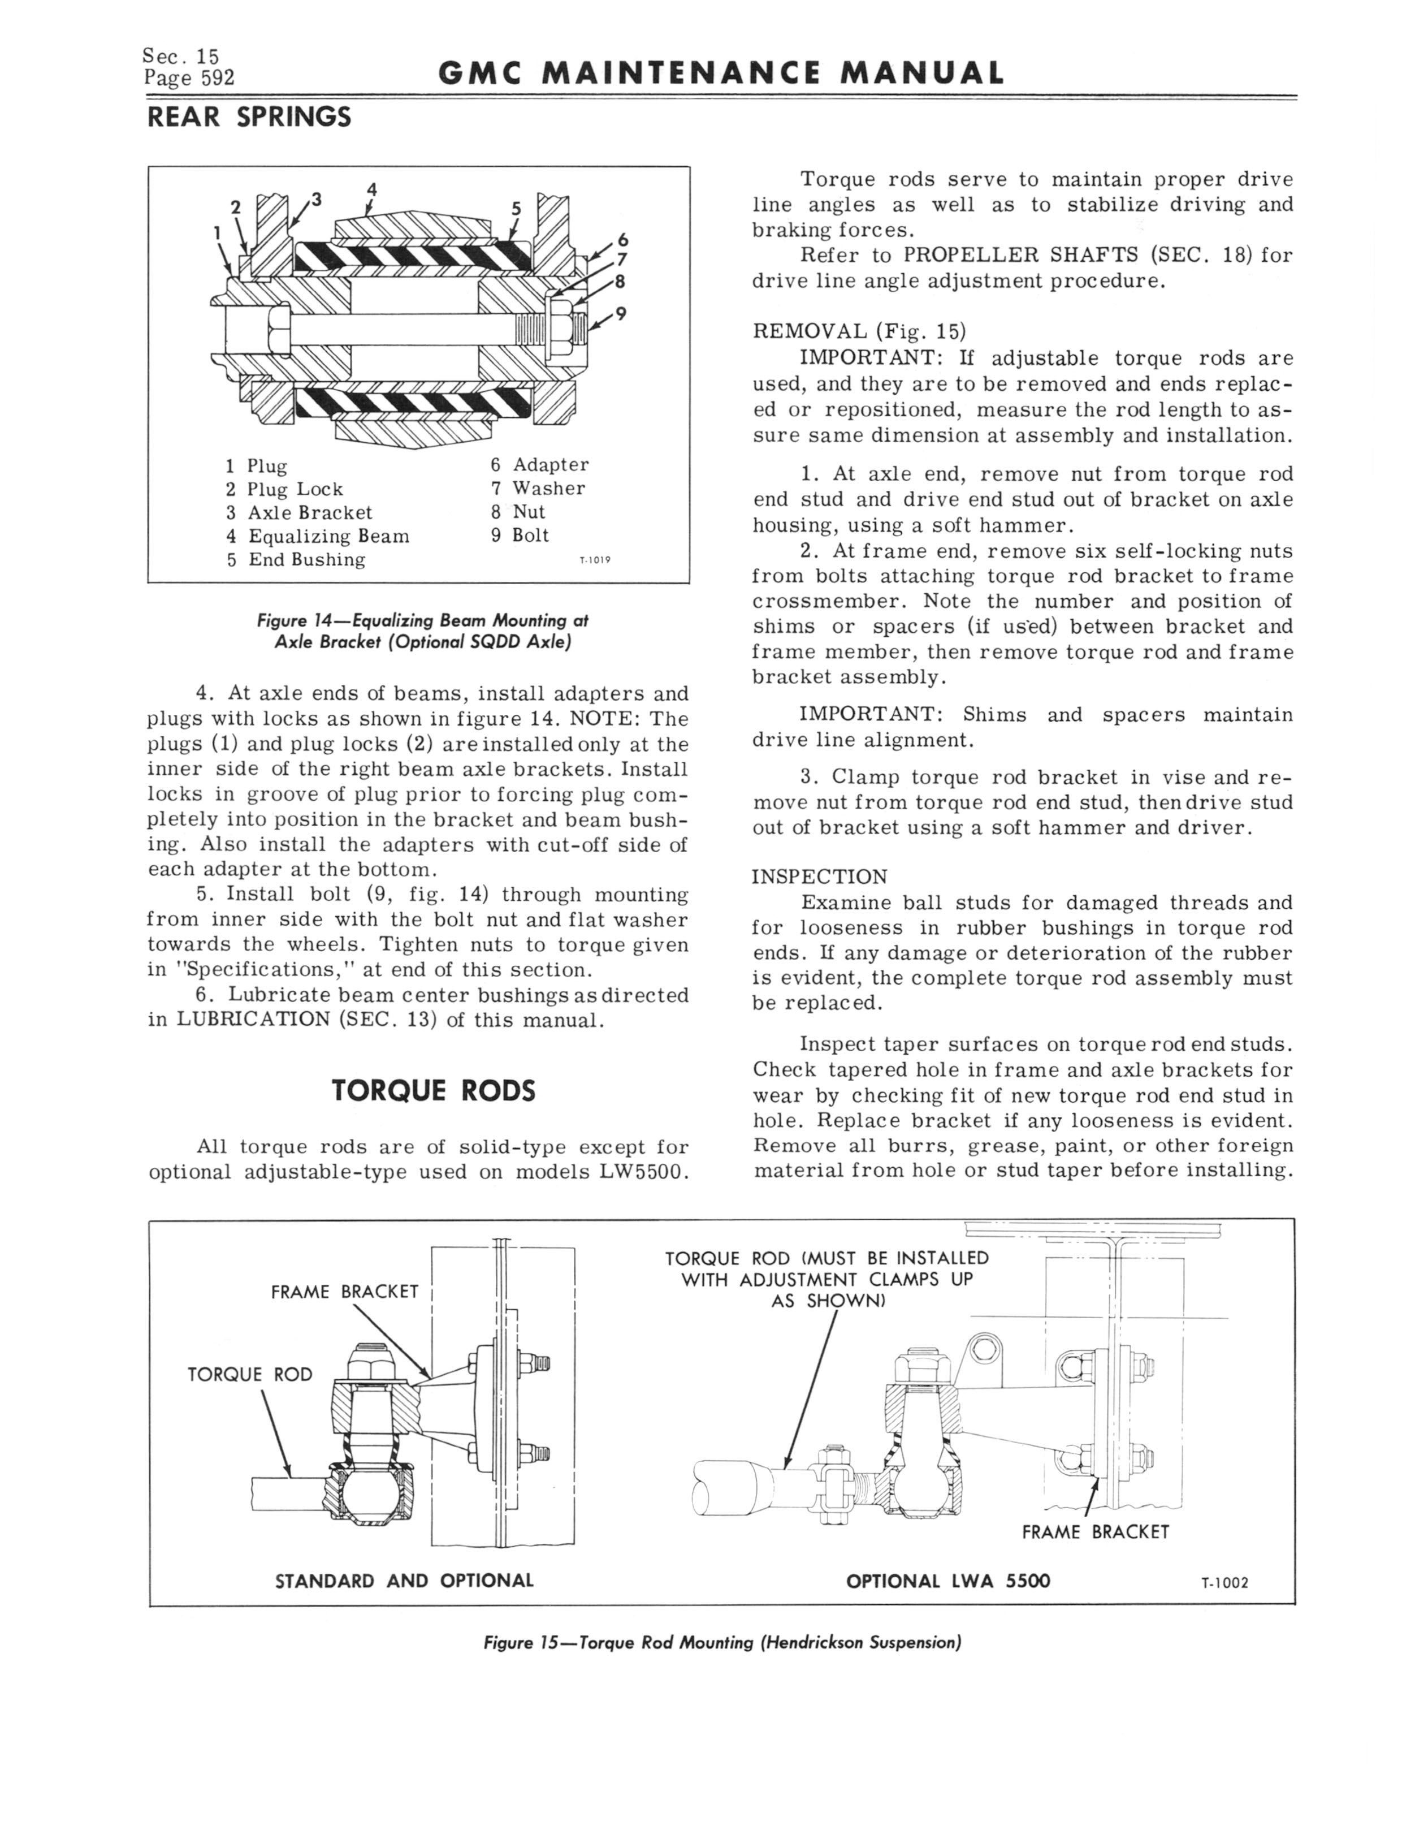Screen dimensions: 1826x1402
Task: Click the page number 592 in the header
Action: tap(215, 79)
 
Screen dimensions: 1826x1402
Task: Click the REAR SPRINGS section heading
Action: tap(249, 118)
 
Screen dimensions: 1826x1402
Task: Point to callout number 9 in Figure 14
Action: tap(620, 314)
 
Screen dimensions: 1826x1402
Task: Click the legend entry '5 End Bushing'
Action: tap(296, 559)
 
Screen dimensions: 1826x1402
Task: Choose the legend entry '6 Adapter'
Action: tap(539, 465)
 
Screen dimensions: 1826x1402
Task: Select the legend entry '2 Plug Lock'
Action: tap(284, 489)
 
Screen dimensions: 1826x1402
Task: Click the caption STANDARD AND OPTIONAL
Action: tap(404, 1581)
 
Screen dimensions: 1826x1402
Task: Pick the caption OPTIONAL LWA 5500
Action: tap(948, 1581)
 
